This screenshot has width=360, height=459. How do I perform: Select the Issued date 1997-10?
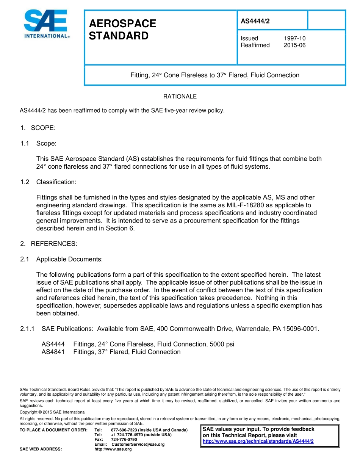tap(294, 38)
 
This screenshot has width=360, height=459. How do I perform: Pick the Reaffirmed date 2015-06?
tap(294, 45)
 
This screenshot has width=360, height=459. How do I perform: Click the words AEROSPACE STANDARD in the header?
tap(122, 30)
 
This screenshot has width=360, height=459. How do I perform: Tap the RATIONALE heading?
tap(180, 97)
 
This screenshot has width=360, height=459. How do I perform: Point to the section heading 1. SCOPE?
tap(38, 128)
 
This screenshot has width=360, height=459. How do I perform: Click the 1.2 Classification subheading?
tap(56, 182)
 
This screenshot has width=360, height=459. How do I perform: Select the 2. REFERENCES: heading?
tap(49, 244)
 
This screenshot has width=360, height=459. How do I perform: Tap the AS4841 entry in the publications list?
tap(53, 352)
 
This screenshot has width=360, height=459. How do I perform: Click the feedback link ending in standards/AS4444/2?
tap(258, 441)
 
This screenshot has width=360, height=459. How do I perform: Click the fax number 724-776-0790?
tap(124, 439)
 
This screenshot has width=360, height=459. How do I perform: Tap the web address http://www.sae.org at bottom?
tap(113, 449)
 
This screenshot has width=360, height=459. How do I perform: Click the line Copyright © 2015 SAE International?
tap(53, 412)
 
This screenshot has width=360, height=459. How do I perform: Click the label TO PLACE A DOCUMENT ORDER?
tap(53, 430)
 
